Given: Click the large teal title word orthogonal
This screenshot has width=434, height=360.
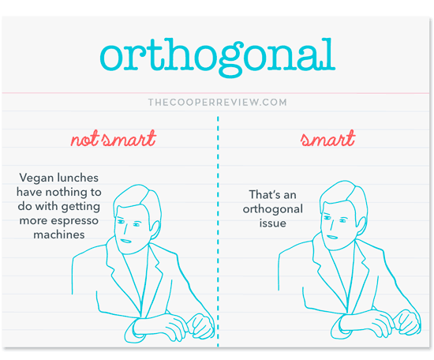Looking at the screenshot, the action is [218, 58].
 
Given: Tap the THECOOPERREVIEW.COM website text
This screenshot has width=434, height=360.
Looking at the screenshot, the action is [218, 102].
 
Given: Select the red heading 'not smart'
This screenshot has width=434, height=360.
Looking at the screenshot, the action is [114, 138].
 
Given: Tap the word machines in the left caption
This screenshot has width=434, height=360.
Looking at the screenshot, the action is [59, 234].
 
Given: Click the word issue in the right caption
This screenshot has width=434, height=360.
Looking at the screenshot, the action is [273, 223].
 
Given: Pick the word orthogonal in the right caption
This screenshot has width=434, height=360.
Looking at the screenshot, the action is [273, 209].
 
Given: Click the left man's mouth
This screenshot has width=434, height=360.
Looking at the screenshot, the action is [125, 241].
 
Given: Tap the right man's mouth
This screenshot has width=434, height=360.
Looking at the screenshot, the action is [332, 237].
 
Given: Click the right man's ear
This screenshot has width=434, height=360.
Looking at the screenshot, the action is [361, 226].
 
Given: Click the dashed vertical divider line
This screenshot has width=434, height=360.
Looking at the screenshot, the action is [218, 231].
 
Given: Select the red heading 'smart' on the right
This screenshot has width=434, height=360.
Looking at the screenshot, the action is [328, 138].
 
